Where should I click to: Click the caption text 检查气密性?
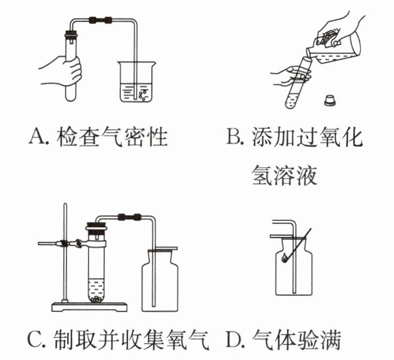(112, 137)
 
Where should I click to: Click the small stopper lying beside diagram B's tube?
(328, 100)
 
